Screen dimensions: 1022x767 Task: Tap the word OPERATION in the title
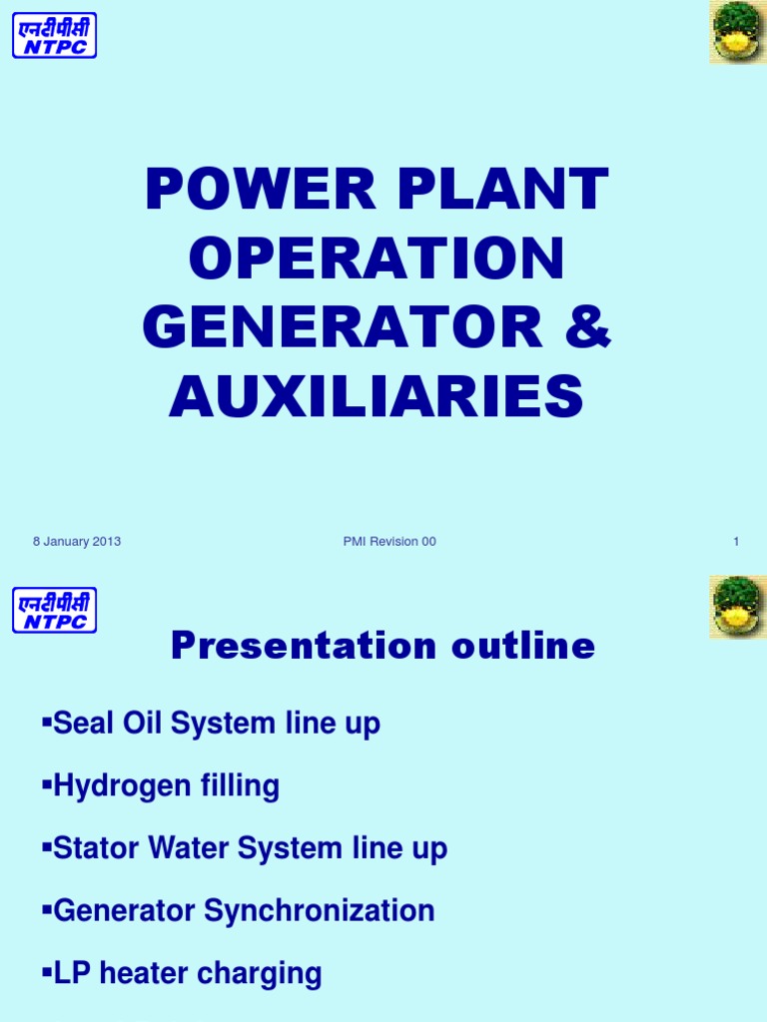[x=377, y=258]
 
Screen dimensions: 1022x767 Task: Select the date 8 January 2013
[x=76, y=542]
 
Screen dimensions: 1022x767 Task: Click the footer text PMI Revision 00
[x=388, y=542]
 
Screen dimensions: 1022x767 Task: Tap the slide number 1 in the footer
[x=736, y=542]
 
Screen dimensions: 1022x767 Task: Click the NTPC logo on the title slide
[x=54, y=34]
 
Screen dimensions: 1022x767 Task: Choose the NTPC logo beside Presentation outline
[x=54, y=609]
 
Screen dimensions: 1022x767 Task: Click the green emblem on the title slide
[x=738, y=32]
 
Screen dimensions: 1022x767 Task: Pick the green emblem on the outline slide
[x=738, y=607]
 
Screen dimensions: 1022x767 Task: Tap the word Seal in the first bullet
[x=82, y=724]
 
